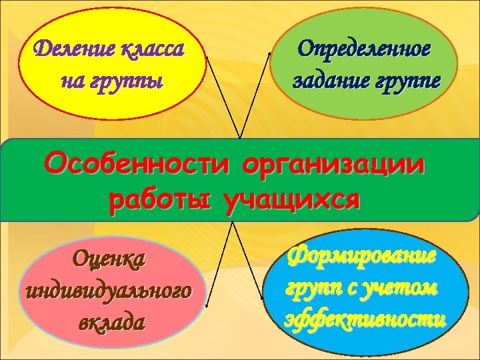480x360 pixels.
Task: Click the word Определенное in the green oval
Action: [x=364, y=49]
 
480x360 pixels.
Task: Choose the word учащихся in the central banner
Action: [x=291, y=199]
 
